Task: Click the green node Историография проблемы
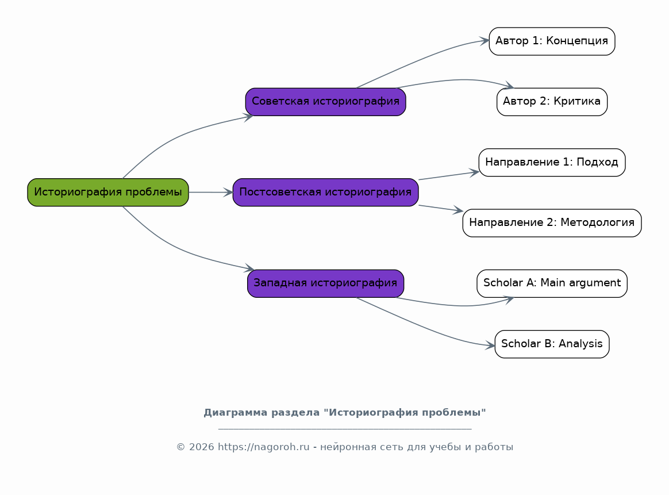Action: tap(108, 193)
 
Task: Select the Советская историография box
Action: tap(325, 102)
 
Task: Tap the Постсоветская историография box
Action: tap(325, 193)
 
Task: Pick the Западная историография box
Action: tap(325, 283)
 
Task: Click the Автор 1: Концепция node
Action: tap(552, 41)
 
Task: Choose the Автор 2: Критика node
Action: tap(552, 102)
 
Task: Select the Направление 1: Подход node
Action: tap(552, 163)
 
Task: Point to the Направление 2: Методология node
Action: tap(552, 222)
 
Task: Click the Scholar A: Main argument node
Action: tap(552, 283)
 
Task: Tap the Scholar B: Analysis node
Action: tap(552, 344)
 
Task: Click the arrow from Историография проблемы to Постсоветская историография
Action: tap(211, 193)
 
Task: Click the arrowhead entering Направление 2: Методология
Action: tap(458, 210)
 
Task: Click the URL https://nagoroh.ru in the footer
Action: tap(264, 447)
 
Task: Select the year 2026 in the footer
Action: tap(201, 447)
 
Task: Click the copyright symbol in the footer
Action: tap(181, 447)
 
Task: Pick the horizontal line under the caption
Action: tap(345, 428)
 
